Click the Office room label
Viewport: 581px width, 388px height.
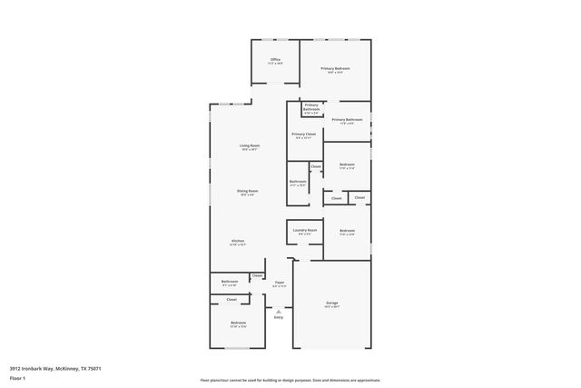(275, 60)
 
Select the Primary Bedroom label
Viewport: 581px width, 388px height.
(336, 68)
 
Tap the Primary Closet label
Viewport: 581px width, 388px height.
(303, 134)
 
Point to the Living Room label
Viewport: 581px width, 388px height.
(249, 145)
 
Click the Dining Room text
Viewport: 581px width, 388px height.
(247, 191)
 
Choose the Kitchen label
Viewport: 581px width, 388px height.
(237, 241)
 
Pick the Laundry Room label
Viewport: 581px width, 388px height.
(305, 231)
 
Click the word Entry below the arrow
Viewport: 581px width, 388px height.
(279, 317)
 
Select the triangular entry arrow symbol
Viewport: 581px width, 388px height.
(279, 311)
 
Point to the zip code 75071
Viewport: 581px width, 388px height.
(94, 368)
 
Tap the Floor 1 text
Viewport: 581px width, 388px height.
(16, 376)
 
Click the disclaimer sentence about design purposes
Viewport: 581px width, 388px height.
(290, 381)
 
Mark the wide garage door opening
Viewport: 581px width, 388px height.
(332, 349)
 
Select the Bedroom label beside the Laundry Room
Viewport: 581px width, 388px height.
(347, 231)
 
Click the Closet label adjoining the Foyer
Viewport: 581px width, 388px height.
(258, 276)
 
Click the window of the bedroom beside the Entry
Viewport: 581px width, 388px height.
(237, 348)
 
